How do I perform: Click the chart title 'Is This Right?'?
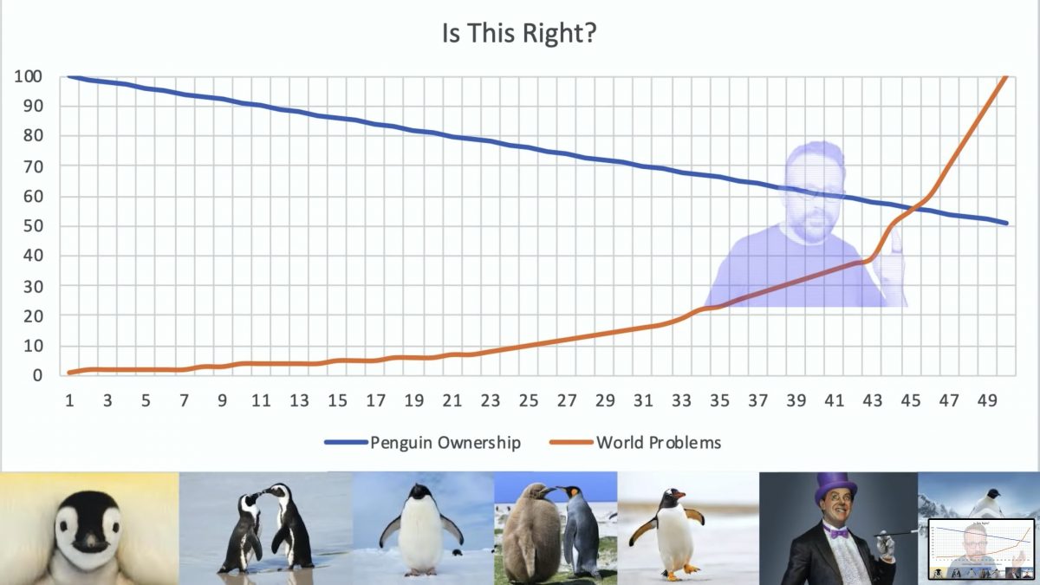[x=519, y=33]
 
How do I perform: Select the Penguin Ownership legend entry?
[x=423, y=443]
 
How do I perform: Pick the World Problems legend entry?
[x=635, y=443]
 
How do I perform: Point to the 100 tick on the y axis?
[x=29, y=76]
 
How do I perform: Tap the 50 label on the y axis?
[x=33, y=226]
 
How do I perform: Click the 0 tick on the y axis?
[x=37, y=375]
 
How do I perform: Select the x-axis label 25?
[x=529, y=400]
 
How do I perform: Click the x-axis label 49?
[x=987, y=400]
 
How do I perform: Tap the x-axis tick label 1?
[x=69, y=400]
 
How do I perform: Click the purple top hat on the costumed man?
[x=836, y=488]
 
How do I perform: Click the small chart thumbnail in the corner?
[x=981, y=549]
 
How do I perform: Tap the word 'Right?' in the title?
[x=559, y=33]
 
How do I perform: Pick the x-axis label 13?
[x=299, y=400]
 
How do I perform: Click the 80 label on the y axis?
[x=33, y=136]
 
